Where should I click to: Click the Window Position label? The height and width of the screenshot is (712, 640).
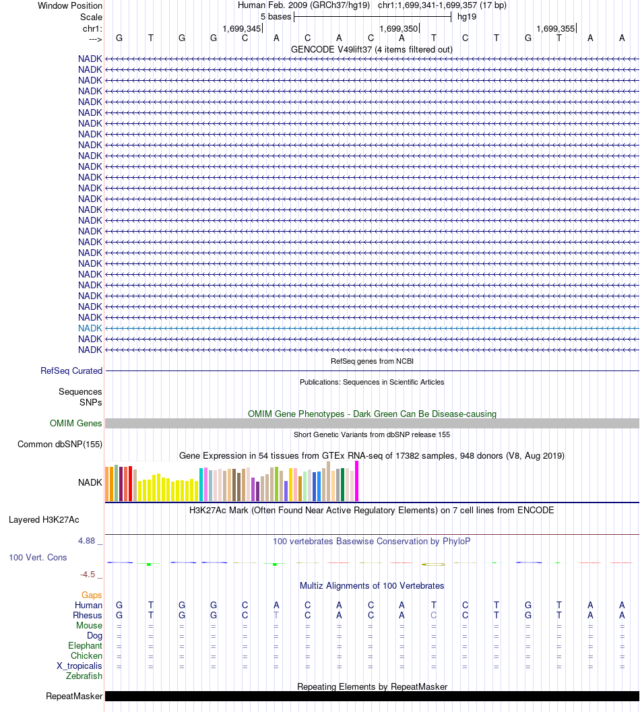pos(70,5)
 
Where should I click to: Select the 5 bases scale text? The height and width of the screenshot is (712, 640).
pos(276,16)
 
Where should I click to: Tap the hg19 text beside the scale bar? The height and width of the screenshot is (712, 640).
pos(466,16)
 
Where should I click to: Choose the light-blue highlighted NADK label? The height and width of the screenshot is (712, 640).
pos(90,328)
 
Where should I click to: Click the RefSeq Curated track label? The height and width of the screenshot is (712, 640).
pos(71,370)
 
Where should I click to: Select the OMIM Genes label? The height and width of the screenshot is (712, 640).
pos(76,423)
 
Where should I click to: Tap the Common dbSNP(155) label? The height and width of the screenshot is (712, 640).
pos(60,444)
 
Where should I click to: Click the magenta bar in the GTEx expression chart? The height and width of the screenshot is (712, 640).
pos(356,481)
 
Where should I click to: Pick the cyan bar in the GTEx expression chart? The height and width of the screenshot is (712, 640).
pos(201,484)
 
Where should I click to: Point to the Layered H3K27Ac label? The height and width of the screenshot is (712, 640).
pos(44,519)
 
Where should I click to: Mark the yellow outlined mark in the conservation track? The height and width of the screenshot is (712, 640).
pos(433,563)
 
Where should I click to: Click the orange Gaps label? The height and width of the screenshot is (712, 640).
pos(92,595)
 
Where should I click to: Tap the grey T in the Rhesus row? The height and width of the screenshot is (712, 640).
pos(276,615)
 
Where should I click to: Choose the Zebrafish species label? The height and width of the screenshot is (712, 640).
pos(84,676)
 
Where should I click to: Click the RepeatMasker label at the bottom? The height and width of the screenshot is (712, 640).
pos(74,696)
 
